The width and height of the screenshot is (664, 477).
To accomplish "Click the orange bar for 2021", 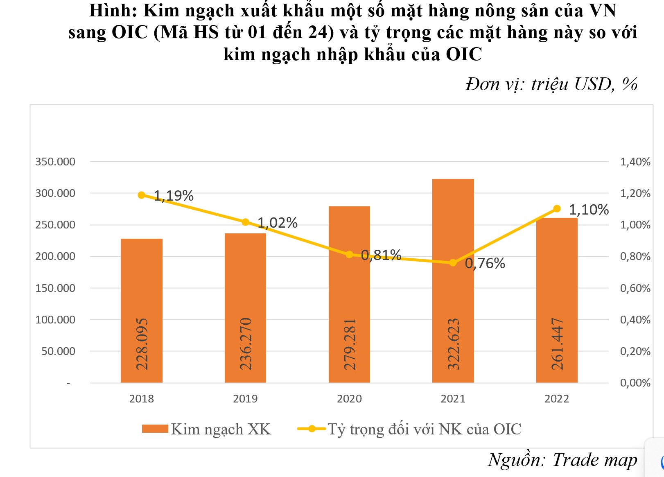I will click(453, 287).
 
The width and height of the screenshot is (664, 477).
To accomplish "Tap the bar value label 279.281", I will click(350, 344).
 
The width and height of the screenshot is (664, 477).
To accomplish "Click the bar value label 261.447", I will click(557, 344).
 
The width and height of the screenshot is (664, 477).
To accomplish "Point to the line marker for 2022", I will click(557, 209).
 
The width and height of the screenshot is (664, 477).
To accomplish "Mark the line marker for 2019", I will click(245, 222).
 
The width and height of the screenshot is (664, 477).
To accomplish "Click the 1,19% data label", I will click(174, 196).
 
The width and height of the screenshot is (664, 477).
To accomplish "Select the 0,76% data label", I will click(485, 263).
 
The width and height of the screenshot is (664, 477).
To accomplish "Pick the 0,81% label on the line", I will click(381, 255).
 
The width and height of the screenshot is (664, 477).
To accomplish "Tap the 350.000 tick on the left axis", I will click(55, 162).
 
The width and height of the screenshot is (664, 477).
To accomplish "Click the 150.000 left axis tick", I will click(55, 288).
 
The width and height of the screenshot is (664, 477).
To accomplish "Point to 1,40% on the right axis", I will click(635, 162).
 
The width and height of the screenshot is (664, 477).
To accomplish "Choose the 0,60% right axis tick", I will click(635, 288).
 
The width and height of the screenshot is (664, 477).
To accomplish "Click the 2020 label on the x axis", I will click(349, 399).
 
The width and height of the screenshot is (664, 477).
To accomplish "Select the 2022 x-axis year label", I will click(557, 399).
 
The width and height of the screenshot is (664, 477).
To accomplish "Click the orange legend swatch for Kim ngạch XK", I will click(155, 429).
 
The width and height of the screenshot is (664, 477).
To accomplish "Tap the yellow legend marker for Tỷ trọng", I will click(312, 429).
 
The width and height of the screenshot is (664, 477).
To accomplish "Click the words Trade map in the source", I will click(595, 460).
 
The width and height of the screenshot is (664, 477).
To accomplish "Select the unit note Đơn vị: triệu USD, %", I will click(551, 84).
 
